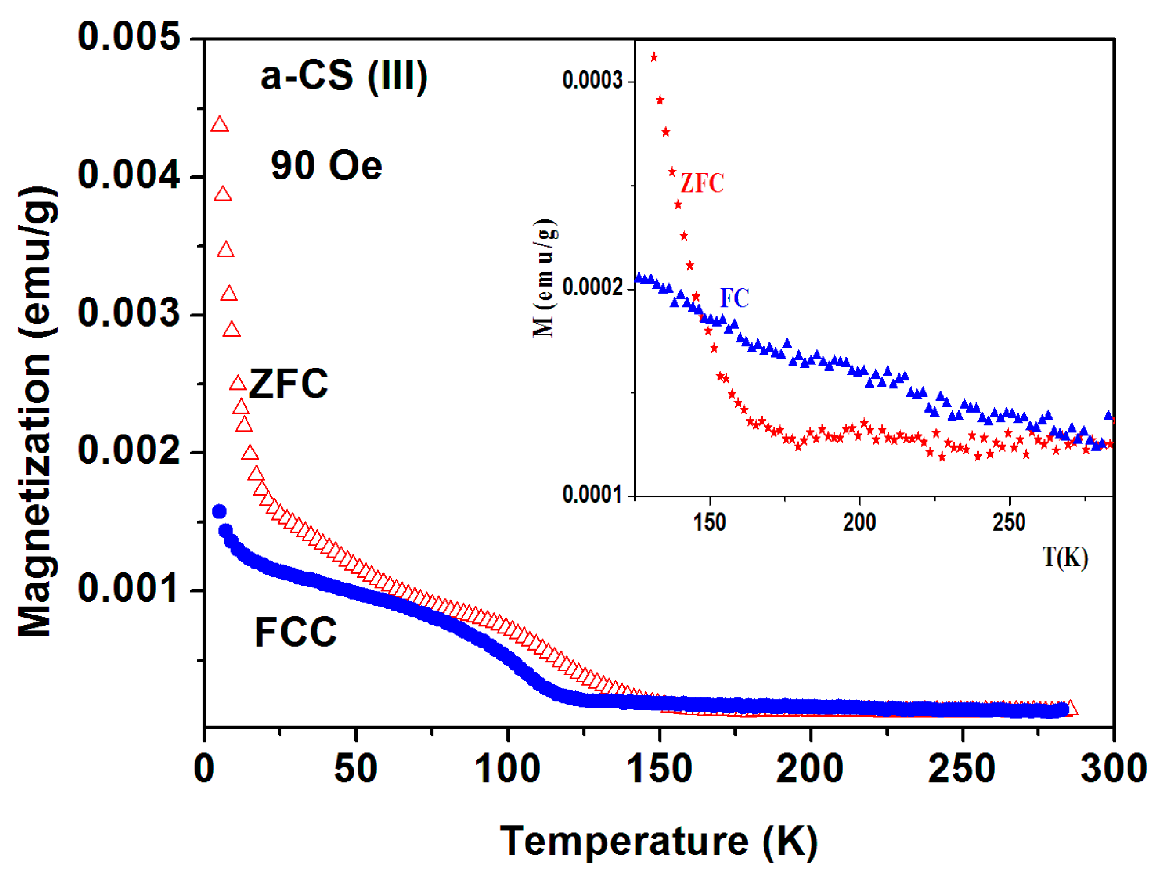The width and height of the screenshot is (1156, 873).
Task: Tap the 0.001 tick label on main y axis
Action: pos(129,588)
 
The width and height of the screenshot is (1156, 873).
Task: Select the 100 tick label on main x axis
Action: pos(507,769)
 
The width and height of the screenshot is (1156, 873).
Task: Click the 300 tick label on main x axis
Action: pos(1113,769)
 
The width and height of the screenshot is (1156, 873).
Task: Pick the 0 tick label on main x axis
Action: pos(204,769)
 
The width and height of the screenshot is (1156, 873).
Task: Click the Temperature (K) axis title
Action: pos(658,841)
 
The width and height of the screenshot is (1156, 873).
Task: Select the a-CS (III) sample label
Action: pos(345,76)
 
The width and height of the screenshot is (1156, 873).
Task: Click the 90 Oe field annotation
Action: pos(326,166)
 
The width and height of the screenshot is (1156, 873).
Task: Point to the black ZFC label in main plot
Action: pos(288,384)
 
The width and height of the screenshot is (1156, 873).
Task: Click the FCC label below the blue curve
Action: pos(296,632)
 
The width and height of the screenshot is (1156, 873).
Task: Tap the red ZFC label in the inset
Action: pos(702,183)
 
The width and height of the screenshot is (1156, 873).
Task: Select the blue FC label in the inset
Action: pos(734,298)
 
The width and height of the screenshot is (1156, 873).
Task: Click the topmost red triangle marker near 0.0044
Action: pos(219,125)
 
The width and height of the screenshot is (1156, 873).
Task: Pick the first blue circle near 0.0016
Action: pos(219,511)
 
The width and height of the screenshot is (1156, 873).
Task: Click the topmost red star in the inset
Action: pos(654,57)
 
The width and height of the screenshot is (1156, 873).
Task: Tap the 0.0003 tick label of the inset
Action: pos(592,81)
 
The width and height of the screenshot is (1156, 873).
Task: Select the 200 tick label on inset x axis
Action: pos(859,522)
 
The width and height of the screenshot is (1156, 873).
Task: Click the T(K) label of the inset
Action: pos(1065,557)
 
